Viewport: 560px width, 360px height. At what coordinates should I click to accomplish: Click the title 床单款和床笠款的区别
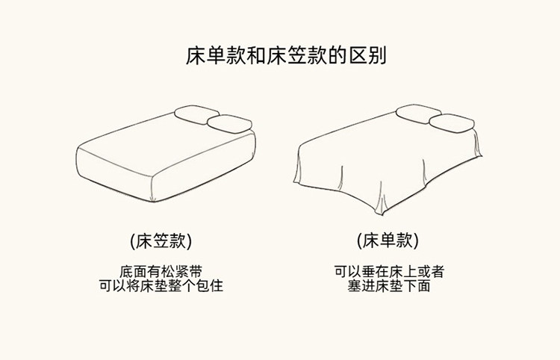coord(280,56)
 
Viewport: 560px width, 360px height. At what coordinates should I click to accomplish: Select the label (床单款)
coord(387,241)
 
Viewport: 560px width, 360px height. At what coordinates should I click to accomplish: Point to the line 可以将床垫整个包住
coord(161,285)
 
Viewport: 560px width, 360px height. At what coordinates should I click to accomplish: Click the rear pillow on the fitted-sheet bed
coord(196,114)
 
